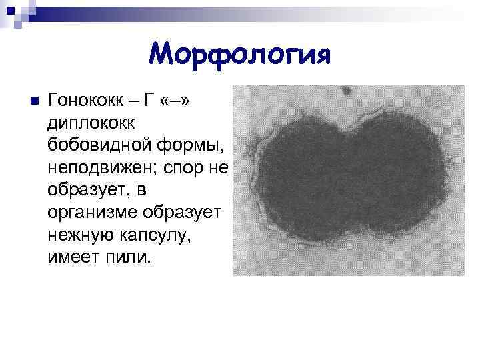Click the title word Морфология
(239, 53)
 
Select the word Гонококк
(83, 101)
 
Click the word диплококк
(91, 122)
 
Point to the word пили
(123, 257)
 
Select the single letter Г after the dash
(149, 101)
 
